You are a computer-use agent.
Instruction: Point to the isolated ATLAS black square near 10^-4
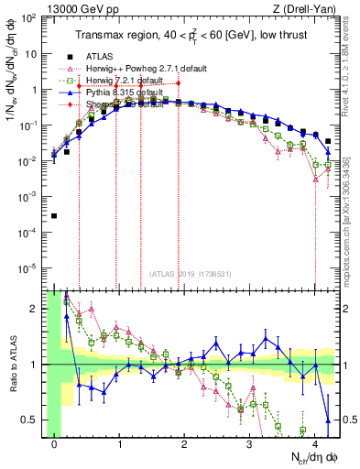[x=55, y=216]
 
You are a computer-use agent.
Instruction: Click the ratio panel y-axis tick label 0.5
[x=30, y=420]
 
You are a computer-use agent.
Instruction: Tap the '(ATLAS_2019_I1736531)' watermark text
[x=184, y=274]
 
